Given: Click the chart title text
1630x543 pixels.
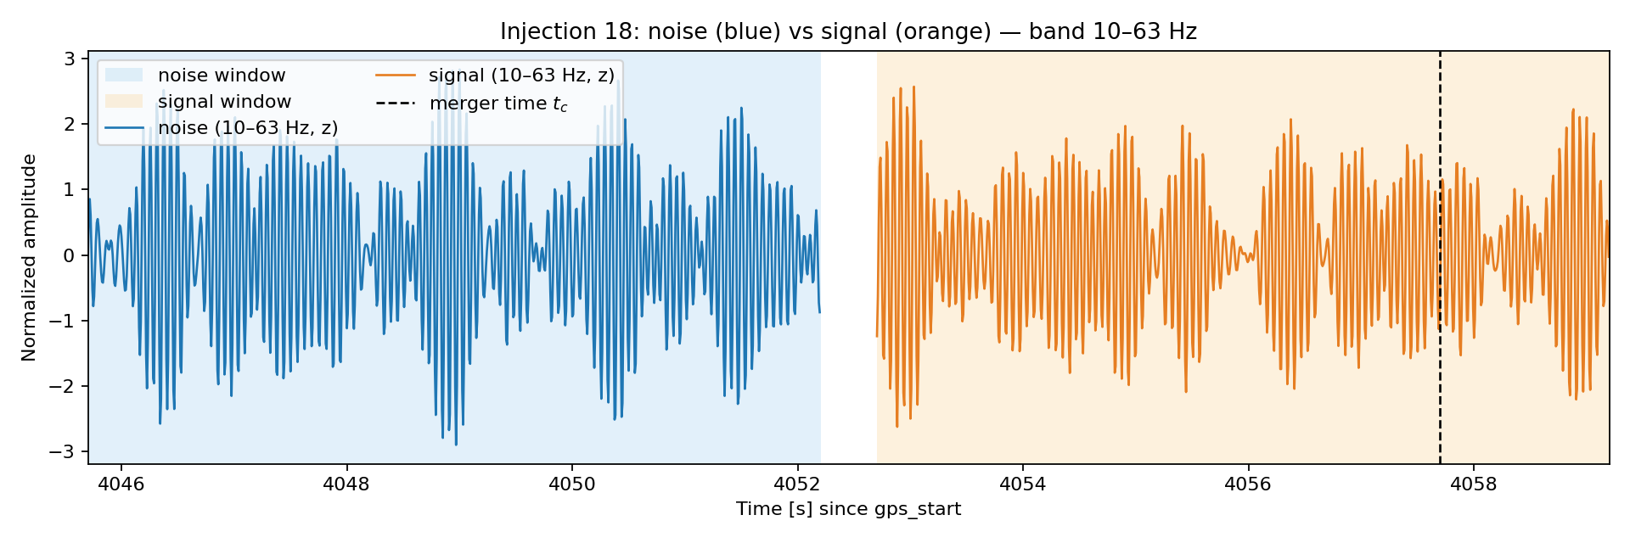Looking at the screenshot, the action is [x=848, y=31].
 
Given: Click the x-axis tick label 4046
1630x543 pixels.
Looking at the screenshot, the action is [x=121, y=484].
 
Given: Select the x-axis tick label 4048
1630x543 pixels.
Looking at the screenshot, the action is [x=346, y=484].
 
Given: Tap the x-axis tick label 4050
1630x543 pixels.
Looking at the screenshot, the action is [x=572, y=484].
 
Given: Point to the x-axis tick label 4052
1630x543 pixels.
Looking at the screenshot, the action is [x=797, y=484].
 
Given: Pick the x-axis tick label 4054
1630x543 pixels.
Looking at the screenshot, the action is [x=1023, y=484].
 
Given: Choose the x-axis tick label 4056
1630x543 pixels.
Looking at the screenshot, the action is [x=1248, y=484].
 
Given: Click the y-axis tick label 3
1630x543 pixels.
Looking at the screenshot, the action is [x=70, y=59].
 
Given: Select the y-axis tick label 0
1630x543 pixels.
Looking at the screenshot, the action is [x=70, y=255].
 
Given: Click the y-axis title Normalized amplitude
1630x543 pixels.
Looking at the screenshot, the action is [x=30, y=257].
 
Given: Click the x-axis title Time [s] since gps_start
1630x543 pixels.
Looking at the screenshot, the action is [x=848, y=509].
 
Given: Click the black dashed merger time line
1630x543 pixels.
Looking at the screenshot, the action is [x=1440, y=257].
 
